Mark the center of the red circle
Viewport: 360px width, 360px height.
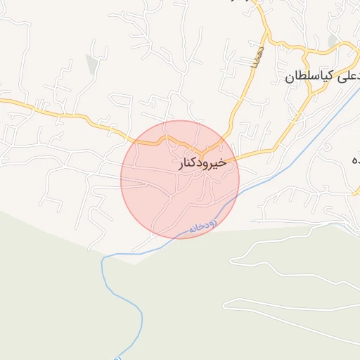click(x=180, y=179)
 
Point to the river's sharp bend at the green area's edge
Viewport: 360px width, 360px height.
click(x=103, y=259)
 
